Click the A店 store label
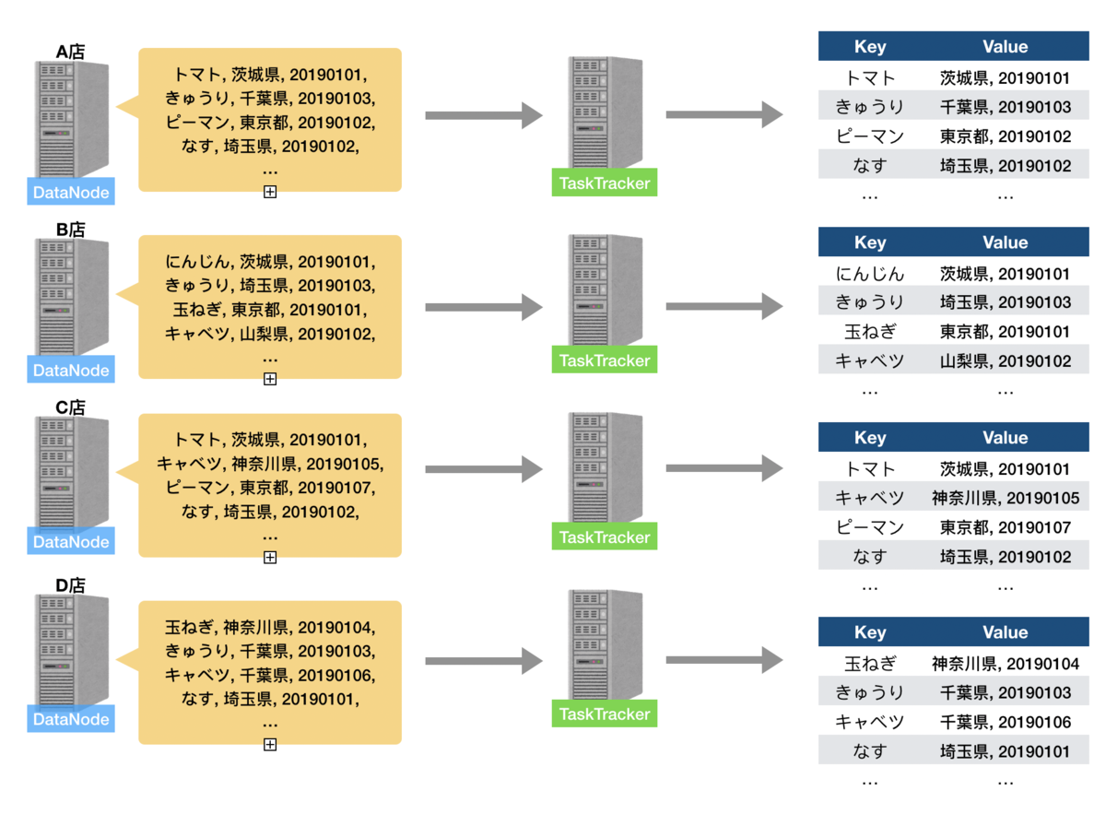(x=70, y=52)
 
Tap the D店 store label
(x=70, y=585)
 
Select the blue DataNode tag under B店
(x=71, y=370)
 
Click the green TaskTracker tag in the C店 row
(x=604, y=537)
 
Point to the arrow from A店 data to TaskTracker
(x=484, y=115)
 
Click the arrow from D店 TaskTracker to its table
(x=724, y=660)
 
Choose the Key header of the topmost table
(x=870, y=47)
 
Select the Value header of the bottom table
(x=1005, y=632)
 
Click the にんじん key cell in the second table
(x=870, y=274)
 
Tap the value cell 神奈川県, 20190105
(x=1005, y=498)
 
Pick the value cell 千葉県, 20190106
(x=1005, y=722)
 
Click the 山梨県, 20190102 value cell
(x=1005, y=360)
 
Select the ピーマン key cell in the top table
(x=870, y=136)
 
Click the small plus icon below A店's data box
(x=270, y=192)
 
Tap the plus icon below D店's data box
(x=270, y=744)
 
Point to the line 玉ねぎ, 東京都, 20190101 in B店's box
(x=270, y=310)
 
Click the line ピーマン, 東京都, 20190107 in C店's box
(x=270, y=488)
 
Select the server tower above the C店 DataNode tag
(x=71, y=473)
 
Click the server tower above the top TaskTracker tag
(x=605, y=112)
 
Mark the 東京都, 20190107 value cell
(x=1005, y=527)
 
